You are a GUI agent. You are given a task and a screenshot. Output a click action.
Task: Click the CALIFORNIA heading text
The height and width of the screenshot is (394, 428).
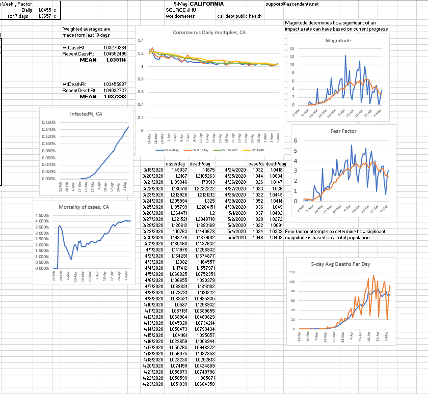[x=206, y=4]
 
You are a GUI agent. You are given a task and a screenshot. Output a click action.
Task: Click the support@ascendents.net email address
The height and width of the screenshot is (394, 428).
[x=292, y=4]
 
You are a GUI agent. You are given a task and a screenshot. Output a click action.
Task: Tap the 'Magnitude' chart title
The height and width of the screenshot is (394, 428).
[x=338, y=40]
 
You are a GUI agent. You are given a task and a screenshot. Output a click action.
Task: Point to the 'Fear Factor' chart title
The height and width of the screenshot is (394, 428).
[x=343, y=131]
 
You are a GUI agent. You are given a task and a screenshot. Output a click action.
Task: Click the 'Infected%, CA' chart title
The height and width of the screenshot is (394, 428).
[x=86, y=114]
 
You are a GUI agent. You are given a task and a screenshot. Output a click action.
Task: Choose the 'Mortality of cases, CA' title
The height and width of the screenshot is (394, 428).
[x=84, y=207]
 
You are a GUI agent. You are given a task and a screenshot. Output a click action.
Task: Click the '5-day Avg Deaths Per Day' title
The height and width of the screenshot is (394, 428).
[x=340, y=264]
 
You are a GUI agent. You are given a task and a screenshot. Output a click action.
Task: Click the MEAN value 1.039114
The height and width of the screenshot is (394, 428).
[x=116, y=60]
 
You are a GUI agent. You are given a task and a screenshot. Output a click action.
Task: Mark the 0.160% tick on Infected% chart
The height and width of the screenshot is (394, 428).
[x=47, y=123]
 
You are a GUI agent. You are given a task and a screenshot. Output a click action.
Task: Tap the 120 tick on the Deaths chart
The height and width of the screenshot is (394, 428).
[x=292, y=272]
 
